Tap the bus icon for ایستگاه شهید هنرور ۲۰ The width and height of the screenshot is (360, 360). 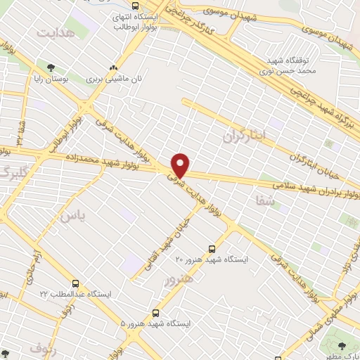pos(212,248)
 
